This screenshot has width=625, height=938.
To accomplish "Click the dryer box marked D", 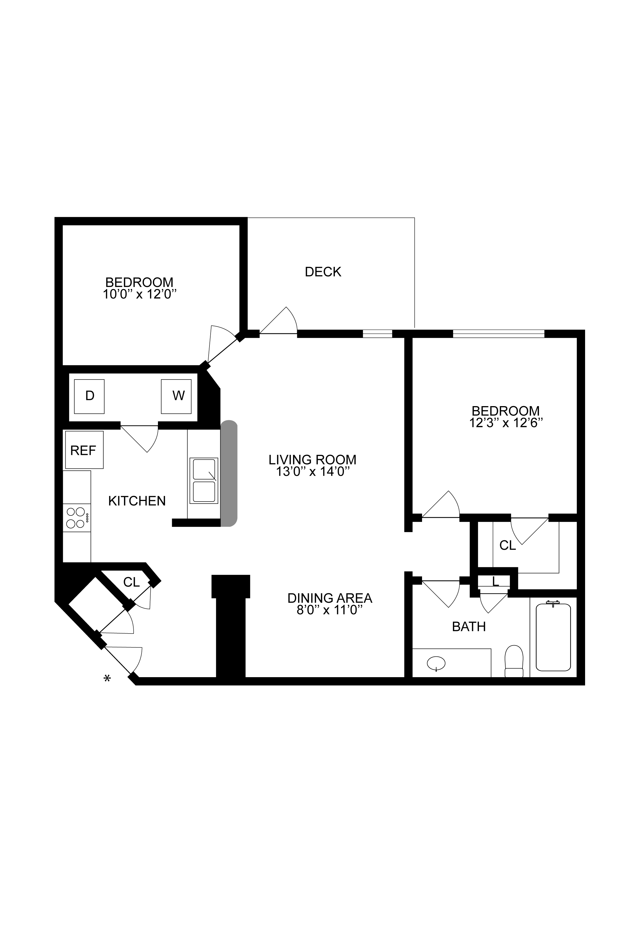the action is click(89, 396).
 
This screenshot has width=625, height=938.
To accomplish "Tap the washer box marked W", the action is click(176, 396).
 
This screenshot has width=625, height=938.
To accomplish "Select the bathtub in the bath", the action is click(553, 637).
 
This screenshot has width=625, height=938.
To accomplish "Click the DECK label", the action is click(323, 272).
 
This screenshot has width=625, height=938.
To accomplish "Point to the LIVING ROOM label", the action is click(312, 460).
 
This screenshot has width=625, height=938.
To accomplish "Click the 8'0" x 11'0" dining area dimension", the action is click(330, 610).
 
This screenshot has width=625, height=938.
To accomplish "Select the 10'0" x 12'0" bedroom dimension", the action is click(140, 295).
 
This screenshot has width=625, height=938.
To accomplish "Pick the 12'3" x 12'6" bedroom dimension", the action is click(506, 423).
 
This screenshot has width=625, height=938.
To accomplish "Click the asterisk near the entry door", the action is click(107, 678).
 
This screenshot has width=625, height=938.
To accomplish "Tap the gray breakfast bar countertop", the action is click(229, 473).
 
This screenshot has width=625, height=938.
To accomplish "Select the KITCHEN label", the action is click(137, 501).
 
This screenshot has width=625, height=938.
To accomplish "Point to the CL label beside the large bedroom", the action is click(508, 545).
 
